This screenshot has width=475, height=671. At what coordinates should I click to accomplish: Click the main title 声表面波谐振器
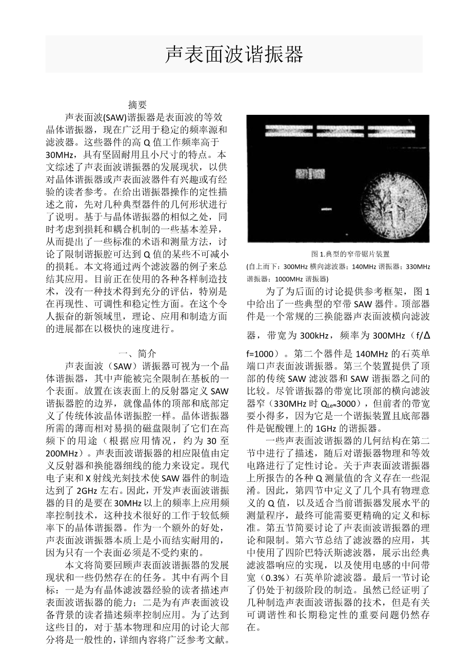pyautogui.click(x=234, y=54)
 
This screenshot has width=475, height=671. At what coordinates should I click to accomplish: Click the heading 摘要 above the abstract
pyautogui.click(x=137, y=105)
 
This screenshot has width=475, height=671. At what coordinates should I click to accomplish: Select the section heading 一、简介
pyautogui.click(x=137, y=353)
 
